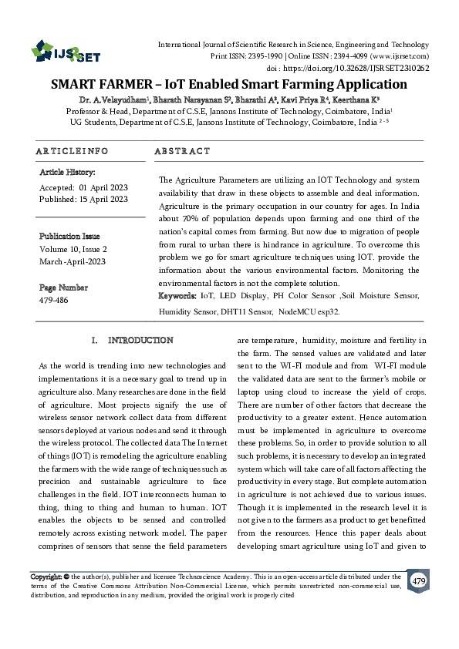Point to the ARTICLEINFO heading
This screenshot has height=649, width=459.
click(72, 151)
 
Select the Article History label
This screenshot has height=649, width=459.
click(67, 173)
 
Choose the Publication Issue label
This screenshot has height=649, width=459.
click(69, 236)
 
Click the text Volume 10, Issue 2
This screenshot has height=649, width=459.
click(73, 249)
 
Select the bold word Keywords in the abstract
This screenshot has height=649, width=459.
click(177, 295)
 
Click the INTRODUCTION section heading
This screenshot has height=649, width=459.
click(140, 340)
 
